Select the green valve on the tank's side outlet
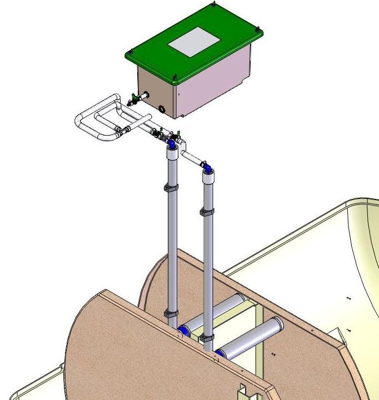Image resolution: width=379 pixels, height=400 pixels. pos(133,101)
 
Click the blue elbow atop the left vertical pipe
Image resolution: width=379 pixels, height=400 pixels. pos(173,144)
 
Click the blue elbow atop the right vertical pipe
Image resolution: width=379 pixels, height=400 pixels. pos(206,166)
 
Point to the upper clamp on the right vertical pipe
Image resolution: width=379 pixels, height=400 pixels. pos(207,213)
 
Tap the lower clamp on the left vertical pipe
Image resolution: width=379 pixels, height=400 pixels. pos(171,316)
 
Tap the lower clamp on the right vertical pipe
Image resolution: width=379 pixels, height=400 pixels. pos(207,337)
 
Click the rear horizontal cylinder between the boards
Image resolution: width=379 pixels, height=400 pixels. pos(217,311)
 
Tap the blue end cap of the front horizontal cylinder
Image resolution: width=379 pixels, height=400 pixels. pos(220,353)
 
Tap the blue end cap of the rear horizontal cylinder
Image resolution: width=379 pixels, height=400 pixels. pos(182,332)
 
